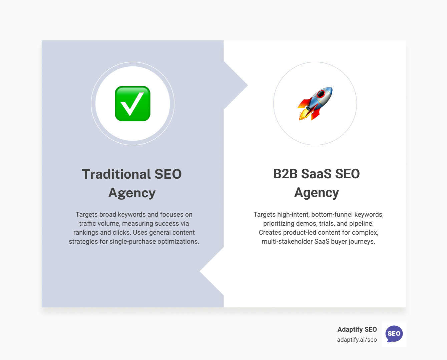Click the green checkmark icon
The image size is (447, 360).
(132, 104)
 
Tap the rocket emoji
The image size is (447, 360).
(315, 103)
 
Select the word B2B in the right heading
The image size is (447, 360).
(285, 174)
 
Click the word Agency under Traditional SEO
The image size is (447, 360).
(132, 193)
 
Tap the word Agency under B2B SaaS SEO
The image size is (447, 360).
(317, 193)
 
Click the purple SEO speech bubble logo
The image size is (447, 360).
(394, 334)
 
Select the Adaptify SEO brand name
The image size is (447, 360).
(357, 329)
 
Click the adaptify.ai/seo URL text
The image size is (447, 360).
(357, 340)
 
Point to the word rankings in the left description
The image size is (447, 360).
(86, 232)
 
